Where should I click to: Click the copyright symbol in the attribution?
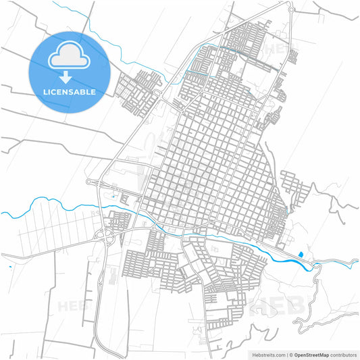(x=289, y=354)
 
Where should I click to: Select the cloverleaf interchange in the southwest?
(x=107, y=235)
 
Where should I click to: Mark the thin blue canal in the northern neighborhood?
(x=223, y=49)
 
